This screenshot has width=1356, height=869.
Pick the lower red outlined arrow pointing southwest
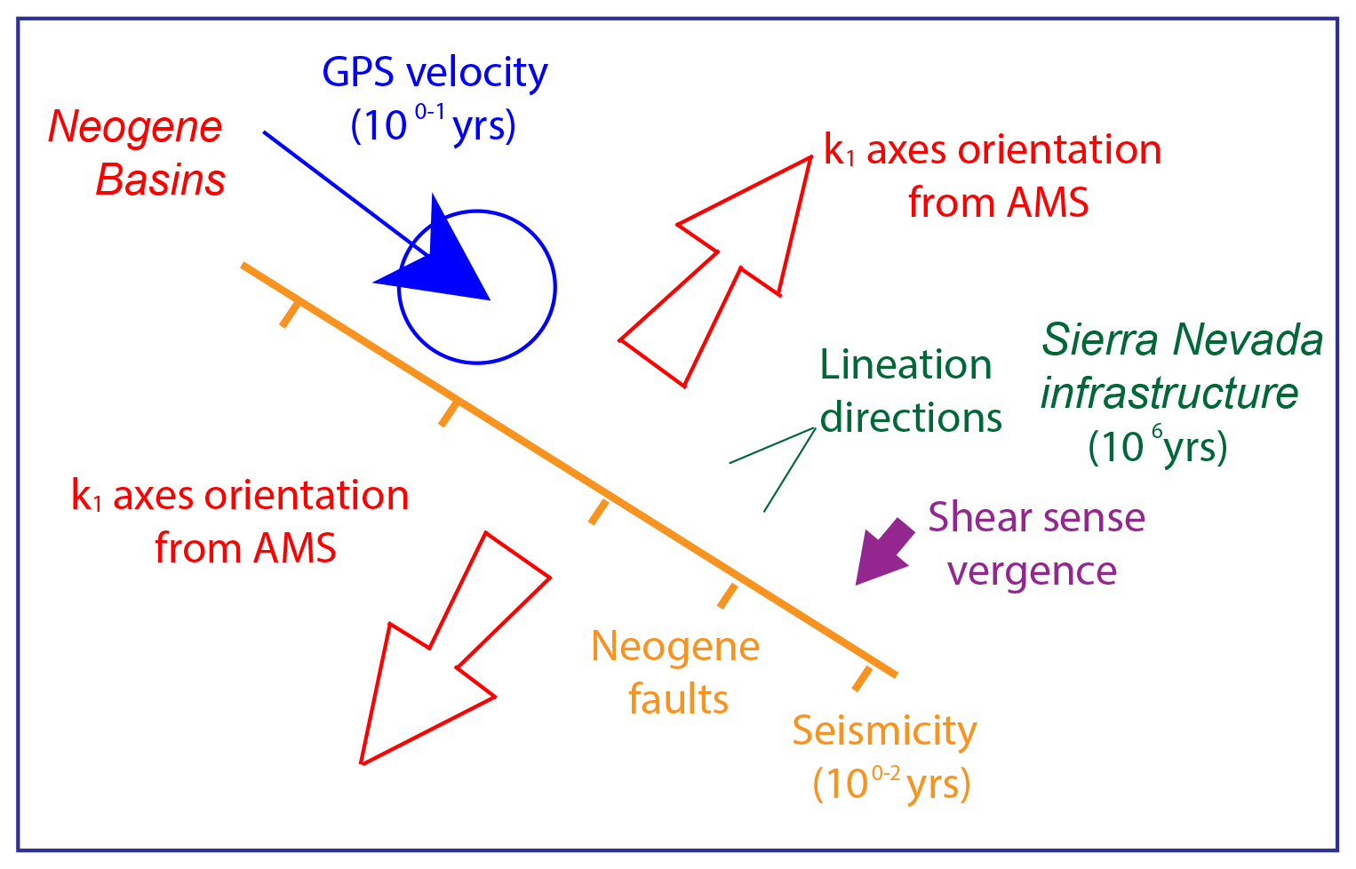[427, 675]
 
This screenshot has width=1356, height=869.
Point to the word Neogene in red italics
[135, 127]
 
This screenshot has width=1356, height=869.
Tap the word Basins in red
[160, 180]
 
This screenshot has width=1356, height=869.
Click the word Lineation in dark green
[905, 365]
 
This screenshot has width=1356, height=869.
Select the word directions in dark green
[911, 418]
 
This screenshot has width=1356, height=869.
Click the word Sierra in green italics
[1101, 340]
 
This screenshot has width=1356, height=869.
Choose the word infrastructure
[1169, 393]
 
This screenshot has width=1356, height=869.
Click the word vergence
[1032, 570]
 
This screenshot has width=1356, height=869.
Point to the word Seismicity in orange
[884, 731]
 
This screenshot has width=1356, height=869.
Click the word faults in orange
[678, 699]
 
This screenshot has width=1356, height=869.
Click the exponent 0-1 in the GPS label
[430, 114]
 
